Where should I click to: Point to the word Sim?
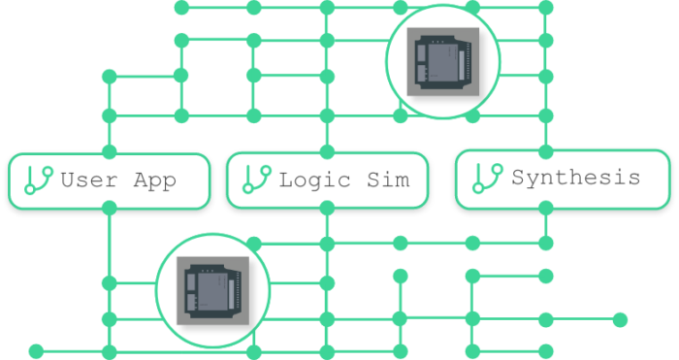click(x=386, y=180)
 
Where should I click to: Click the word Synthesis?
click(x=576, y=179)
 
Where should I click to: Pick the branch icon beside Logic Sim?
click(x=256, y=180)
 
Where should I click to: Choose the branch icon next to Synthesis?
click(x=487, y=178)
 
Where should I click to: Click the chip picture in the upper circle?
click(x=442, y=62)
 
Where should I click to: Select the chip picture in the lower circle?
click(x=213, y=290)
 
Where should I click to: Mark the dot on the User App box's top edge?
click(x=109, y=152)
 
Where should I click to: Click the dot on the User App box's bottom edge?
click(x=109, y=207)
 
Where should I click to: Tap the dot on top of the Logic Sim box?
click(x=327, y=152)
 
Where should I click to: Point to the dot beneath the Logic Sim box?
click(x=327, y=207)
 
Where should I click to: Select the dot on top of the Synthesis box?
click(x=546, y=151)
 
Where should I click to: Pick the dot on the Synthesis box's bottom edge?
click(x=546, y=206)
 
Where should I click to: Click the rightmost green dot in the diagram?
click(x=620, y=319)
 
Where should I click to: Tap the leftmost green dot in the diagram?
click(x=36, y=350)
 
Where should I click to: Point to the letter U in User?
click(x=67, y=180)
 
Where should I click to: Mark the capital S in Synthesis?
click(x=518, y=179)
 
